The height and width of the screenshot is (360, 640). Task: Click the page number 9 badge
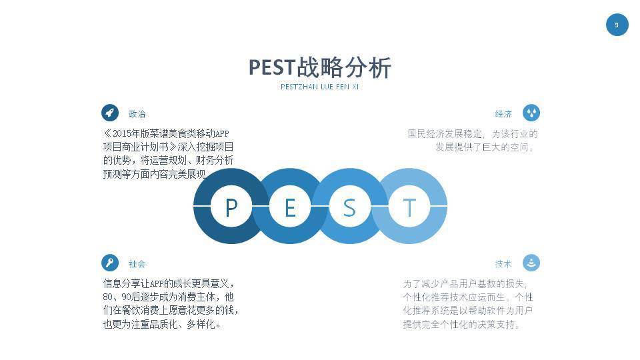(x=617, y=25)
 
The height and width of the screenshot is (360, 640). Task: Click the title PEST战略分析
(x=320, y=67)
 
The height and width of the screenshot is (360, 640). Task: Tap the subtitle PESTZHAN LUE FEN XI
(x=320, y=87)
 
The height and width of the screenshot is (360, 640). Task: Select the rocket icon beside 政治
(x=110, y=113)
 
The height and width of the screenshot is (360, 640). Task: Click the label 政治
(x=137, y=114)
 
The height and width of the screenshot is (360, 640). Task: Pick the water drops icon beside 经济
(x=531, y=113)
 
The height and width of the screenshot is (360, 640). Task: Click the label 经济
(x=503, y=114)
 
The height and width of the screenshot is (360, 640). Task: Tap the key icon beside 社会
(x=110, y=263)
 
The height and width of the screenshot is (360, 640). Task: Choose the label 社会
(x=137, y=264)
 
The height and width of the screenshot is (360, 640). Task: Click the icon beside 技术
(x=531, y=263)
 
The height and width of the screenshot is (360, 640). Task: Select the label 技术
(x=503, y=264)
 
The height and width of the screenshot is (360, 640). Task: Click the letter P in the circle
(x=231, y=207)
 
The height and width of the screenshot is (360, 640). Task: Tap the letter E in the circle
(x=290, y=207)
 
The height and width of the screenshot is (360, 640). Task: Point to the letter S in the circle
(x=349, y=207)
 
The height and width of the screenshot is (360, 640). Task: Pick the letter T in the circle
(x=409, y=207)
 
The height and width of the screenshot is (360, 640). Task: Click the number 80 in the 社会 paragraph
(x=108, y=297)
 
